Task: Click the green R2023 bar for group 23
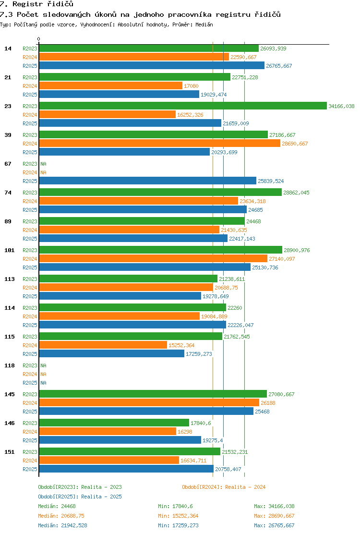[183, 106]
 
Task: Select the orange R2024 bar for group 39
[159, 144]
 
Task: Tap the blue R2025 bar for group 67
[148, 181]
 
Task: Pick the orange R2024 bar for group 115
[103, 345]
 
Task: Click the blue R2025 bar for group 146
[120, 440]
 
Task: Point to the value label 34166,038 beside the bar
[341, 106]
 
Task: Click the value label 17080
[191, 86]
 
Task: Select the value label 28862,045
[296, 193]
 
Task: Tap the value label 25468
[263, 412]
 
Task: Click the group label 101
[10, 250]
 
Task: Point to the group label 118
[10, 365]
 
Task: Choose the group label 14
[8, 49]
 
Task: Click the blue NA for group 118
[44, 383]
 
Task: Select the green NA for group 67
[44, 164]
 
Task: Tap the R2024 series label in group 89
[30, 230]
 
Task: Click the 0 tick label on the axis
[39, 39]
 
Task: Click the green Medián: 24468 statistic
[57, 507]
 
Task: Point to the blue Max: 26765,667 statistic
[274, 525]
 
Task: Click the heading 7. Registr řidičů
[37, 4]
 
